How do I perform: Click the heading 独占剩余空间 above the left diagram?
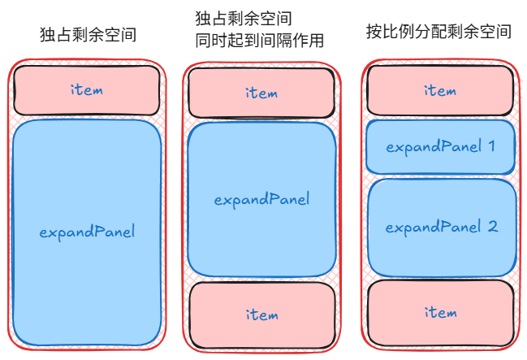pyautogui.click(x=88, y=35)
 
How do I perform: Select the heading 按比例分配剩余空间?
pyautogui.click(x=438, y=33)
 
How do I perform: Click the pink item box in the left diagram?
pyautogui.click(x=87, y=89)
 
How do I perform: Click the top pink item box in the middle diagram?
pyautogui.click(x=261, y=93)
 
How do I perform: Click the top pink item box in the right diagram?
pyautogui.click(x=439, y=90)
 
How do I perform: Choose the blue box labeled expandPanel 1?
pyautogui.click(x=440, y=147)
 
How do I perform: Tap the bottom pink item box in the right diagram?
pyautogui.click(x=441, y=313)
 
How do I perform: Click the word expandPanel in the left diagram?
pyautogui.click(x=87, y=232)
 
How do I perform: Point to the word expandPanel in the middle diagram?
pyautogui.click(x=261, y=199)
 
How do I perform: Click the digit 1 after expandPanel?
pyautogui.click(x=490, y=146)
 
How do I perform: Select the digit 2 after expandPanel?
pyautogui.click(x=492, y=228)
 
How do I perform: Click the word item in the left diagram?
pyautogui.click(x=87, y=89)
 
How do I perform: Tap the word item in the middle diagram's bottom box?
pyautogui.click(x=261, y=314)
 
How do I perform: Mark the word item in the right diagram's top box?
pyautogui.click(x=439, y=90)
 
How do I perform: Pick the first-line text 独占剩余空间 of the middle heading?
pyautogui.click(x=244, y=18)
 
